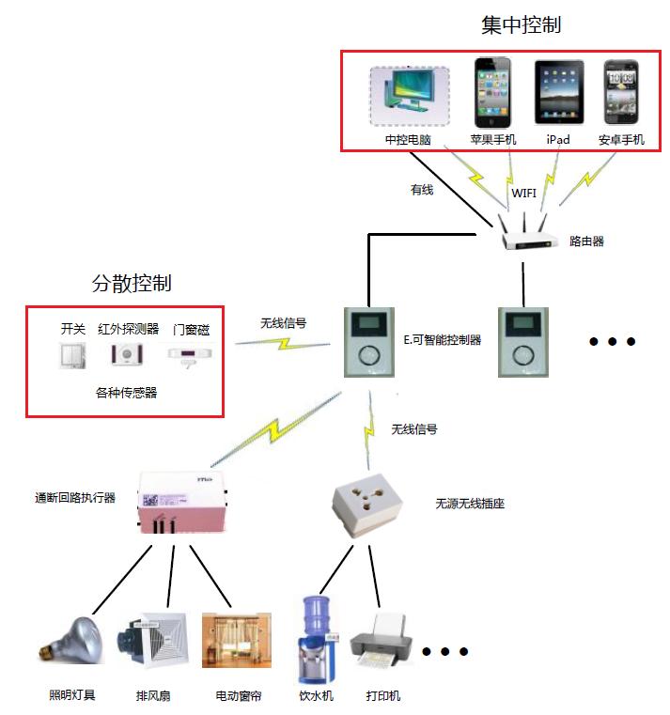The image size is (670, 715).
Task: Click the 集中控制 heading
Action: click(521, 25)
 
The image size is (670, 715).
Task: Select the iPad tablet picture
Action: click(558, 93)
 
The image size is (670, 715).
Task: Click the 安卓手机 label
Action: click(621, 140)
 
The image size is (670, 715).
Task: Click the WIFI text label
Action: click(523, 194)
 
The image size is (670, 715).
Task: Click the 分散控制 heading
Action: click(131, 283)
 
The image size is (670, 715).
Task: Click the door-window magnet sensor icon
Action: click(189, 354)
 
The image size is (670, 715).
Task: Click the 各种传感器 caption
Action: click(126, 393)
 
